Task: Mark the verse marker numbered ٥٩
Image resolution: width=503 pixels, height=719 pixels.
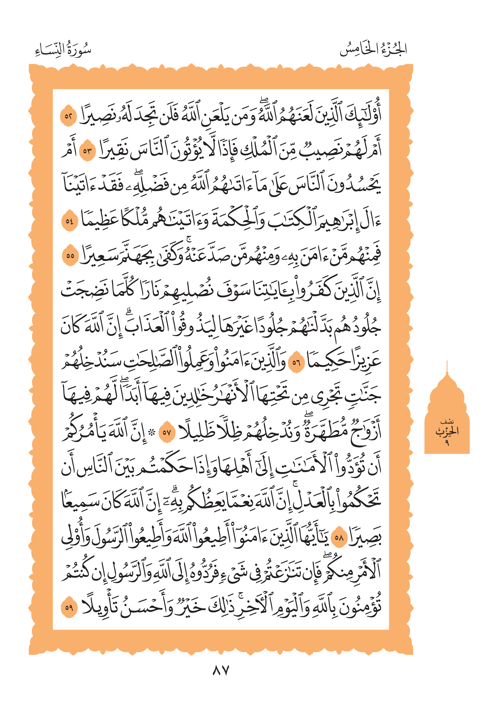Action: click(69, 608)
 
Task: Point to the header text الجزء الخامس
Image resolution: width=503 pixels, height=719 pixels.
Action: click(373, 49)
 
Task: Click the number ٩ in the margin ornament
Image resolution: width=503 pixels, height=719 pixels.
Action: click(447, 443)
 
